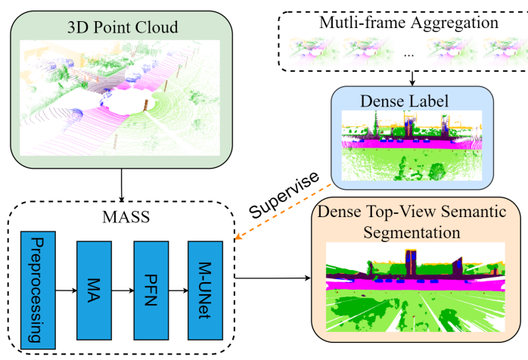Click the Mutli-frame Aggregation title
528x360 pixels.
coord(410,22)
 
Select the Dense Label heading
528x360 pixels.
coord(412,98)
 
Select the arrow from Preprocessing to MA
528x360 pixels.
coord(64,287)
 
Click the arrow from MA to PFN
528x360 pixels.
coord(121,287)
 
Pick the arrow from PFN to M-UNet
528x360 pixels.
coord(178,287)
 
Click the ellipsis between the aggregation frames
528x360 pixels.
coord(409,55)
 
